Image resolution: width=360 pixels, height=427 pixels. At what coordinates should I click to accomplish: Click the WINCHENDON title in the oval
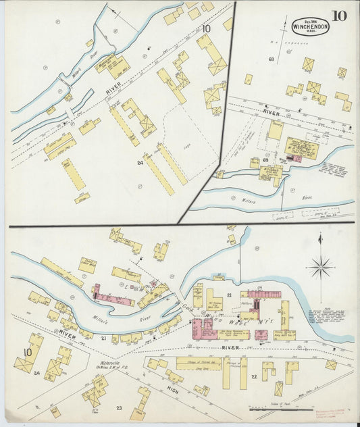pos(310,28)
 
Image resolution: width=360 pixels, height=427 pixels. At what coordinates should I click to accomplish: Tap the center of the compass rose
pos(319,267)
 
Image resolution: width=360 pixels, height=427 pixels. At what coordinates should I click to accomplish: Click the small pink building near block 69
pos(295,159)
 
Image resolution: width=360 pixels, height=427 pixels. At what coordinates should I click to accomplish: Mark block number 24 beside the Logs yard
pos(140,162)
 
